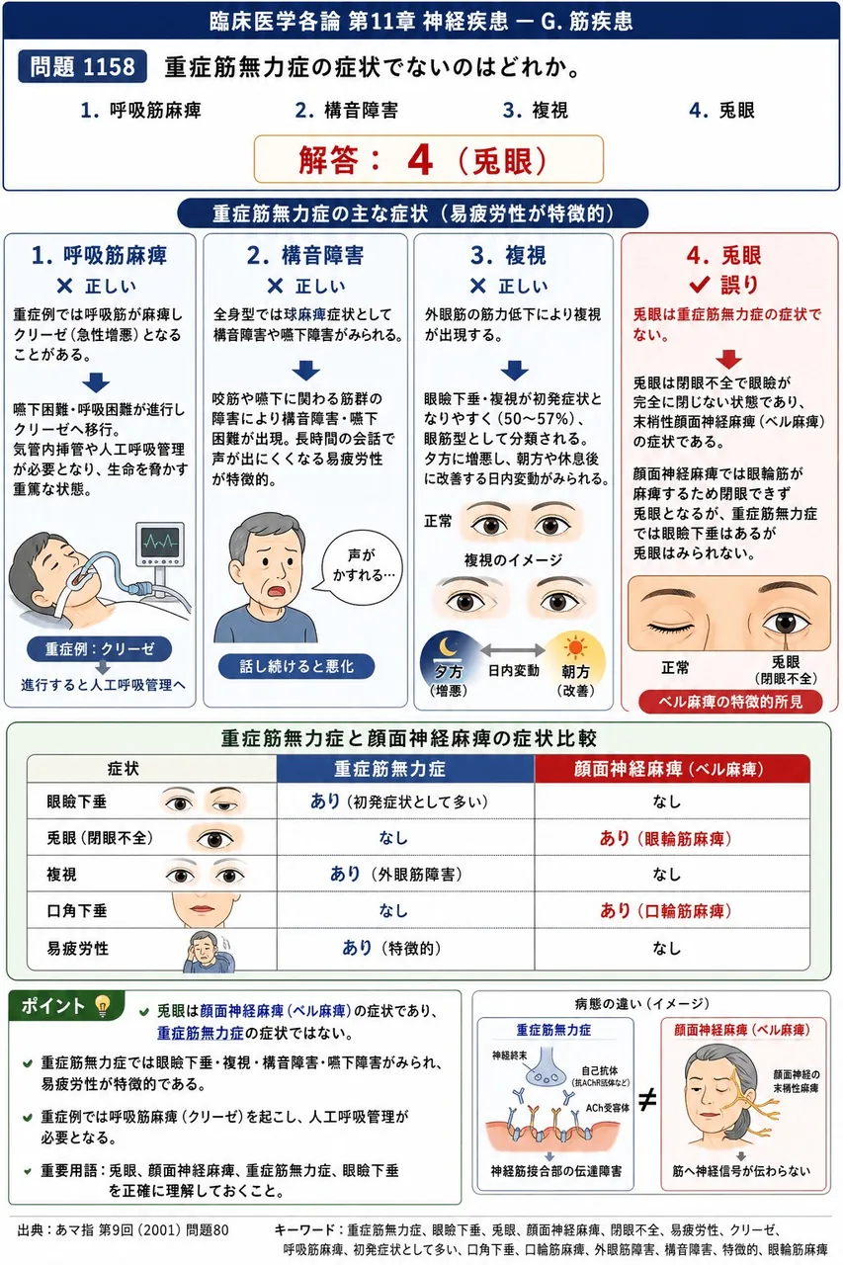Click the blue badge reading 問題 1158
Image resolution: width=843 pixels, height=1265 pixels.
click(x=82, y=66)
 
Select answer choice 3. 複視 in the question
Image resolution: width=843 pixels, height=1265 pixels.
click(x=536, y=110)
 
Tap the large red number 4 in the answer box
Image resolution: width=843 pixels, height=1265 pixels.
click(x=420, y=160)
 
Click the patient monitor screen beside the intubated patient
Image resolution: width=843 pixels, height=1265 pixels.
click(x=160, y=543)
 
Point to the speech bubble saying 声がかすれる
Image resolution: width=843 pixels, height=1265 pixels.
click(x=362, y=566)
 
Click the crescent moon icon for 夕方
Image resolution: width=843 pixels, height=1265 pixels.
click(x=449, y=646)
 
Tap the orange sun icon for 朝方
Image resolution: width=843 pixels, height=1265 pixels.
click(x=575, y=647)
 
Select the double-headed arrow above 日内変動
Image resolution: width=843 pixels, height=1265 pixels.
click(x=513, y=650)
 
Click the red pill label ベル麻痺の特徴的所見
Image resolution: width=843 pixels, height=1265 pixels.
click(x=730, y=702)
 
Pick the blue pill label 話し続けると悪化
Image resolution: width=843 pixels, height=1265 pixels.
click(x=296, y=666)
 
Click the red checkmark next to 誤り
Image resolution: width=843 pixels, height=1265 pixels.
click(x=700, y=285)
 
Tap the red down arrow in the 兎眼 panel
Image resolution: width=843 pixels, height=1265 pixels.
click(x=729, y=359)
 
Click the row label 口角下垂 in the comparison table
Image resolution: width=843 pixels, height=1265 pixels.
click(x=77, y=910)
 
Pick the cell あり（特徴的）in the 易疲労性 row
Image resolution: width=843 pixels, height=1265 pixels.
click(x=391, y=948)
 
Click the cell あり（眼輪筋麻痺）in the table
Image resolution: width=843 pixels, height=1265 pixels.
click(x=666, y=838)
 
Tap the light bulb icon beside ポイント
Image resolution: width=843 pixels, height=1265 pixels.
click(x=102, y=1005)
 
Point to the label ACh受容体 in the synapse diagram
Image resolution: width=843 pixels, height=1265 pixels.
click(x=608, y=1108)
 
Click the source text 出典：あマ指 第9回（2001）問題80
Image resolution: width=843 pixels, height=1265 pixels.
click(x=124, y=1230)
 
